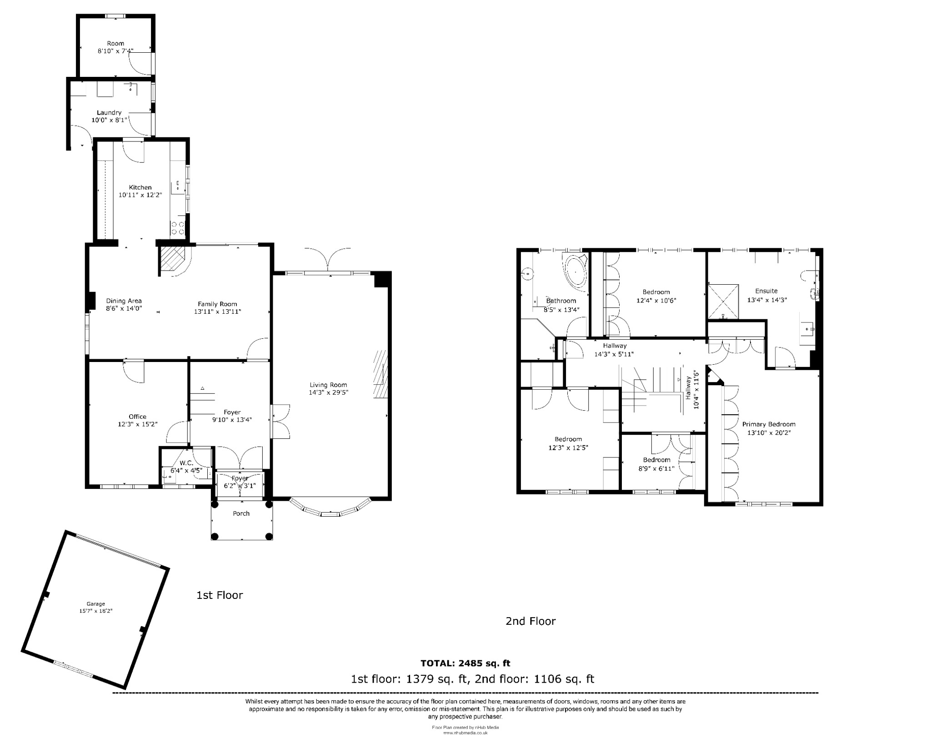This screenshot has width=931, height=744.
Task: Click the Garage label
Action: pos(95,604)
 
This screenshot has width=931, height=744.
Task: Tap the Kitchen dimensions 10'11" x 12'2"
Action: pos(140,195)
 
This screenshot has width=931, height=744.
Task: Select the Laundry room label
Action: pos(109,112)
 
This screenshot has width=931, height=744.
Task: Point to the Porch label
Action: pos(241,513)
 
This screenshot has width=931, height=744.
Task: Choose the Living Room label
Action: pos(328,385)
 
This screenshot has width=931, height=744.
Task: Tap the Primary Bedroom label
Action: pos(769,424)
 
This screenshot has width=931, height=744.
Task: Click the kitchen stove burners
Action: pos(178,228)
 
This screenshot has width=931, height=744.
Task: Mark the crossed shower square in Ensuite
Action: pos(723,302)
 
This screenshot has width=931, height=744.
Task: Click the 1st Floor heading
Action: pos(220,595)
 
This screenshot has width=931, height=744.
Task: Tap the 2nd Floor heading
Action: pos(531,621)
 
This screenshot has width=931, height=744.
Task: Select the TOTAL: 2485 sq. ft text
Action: pos(465,664)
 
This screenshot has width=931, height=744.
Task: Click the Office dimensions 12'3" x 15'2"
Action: pos(137,424)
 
